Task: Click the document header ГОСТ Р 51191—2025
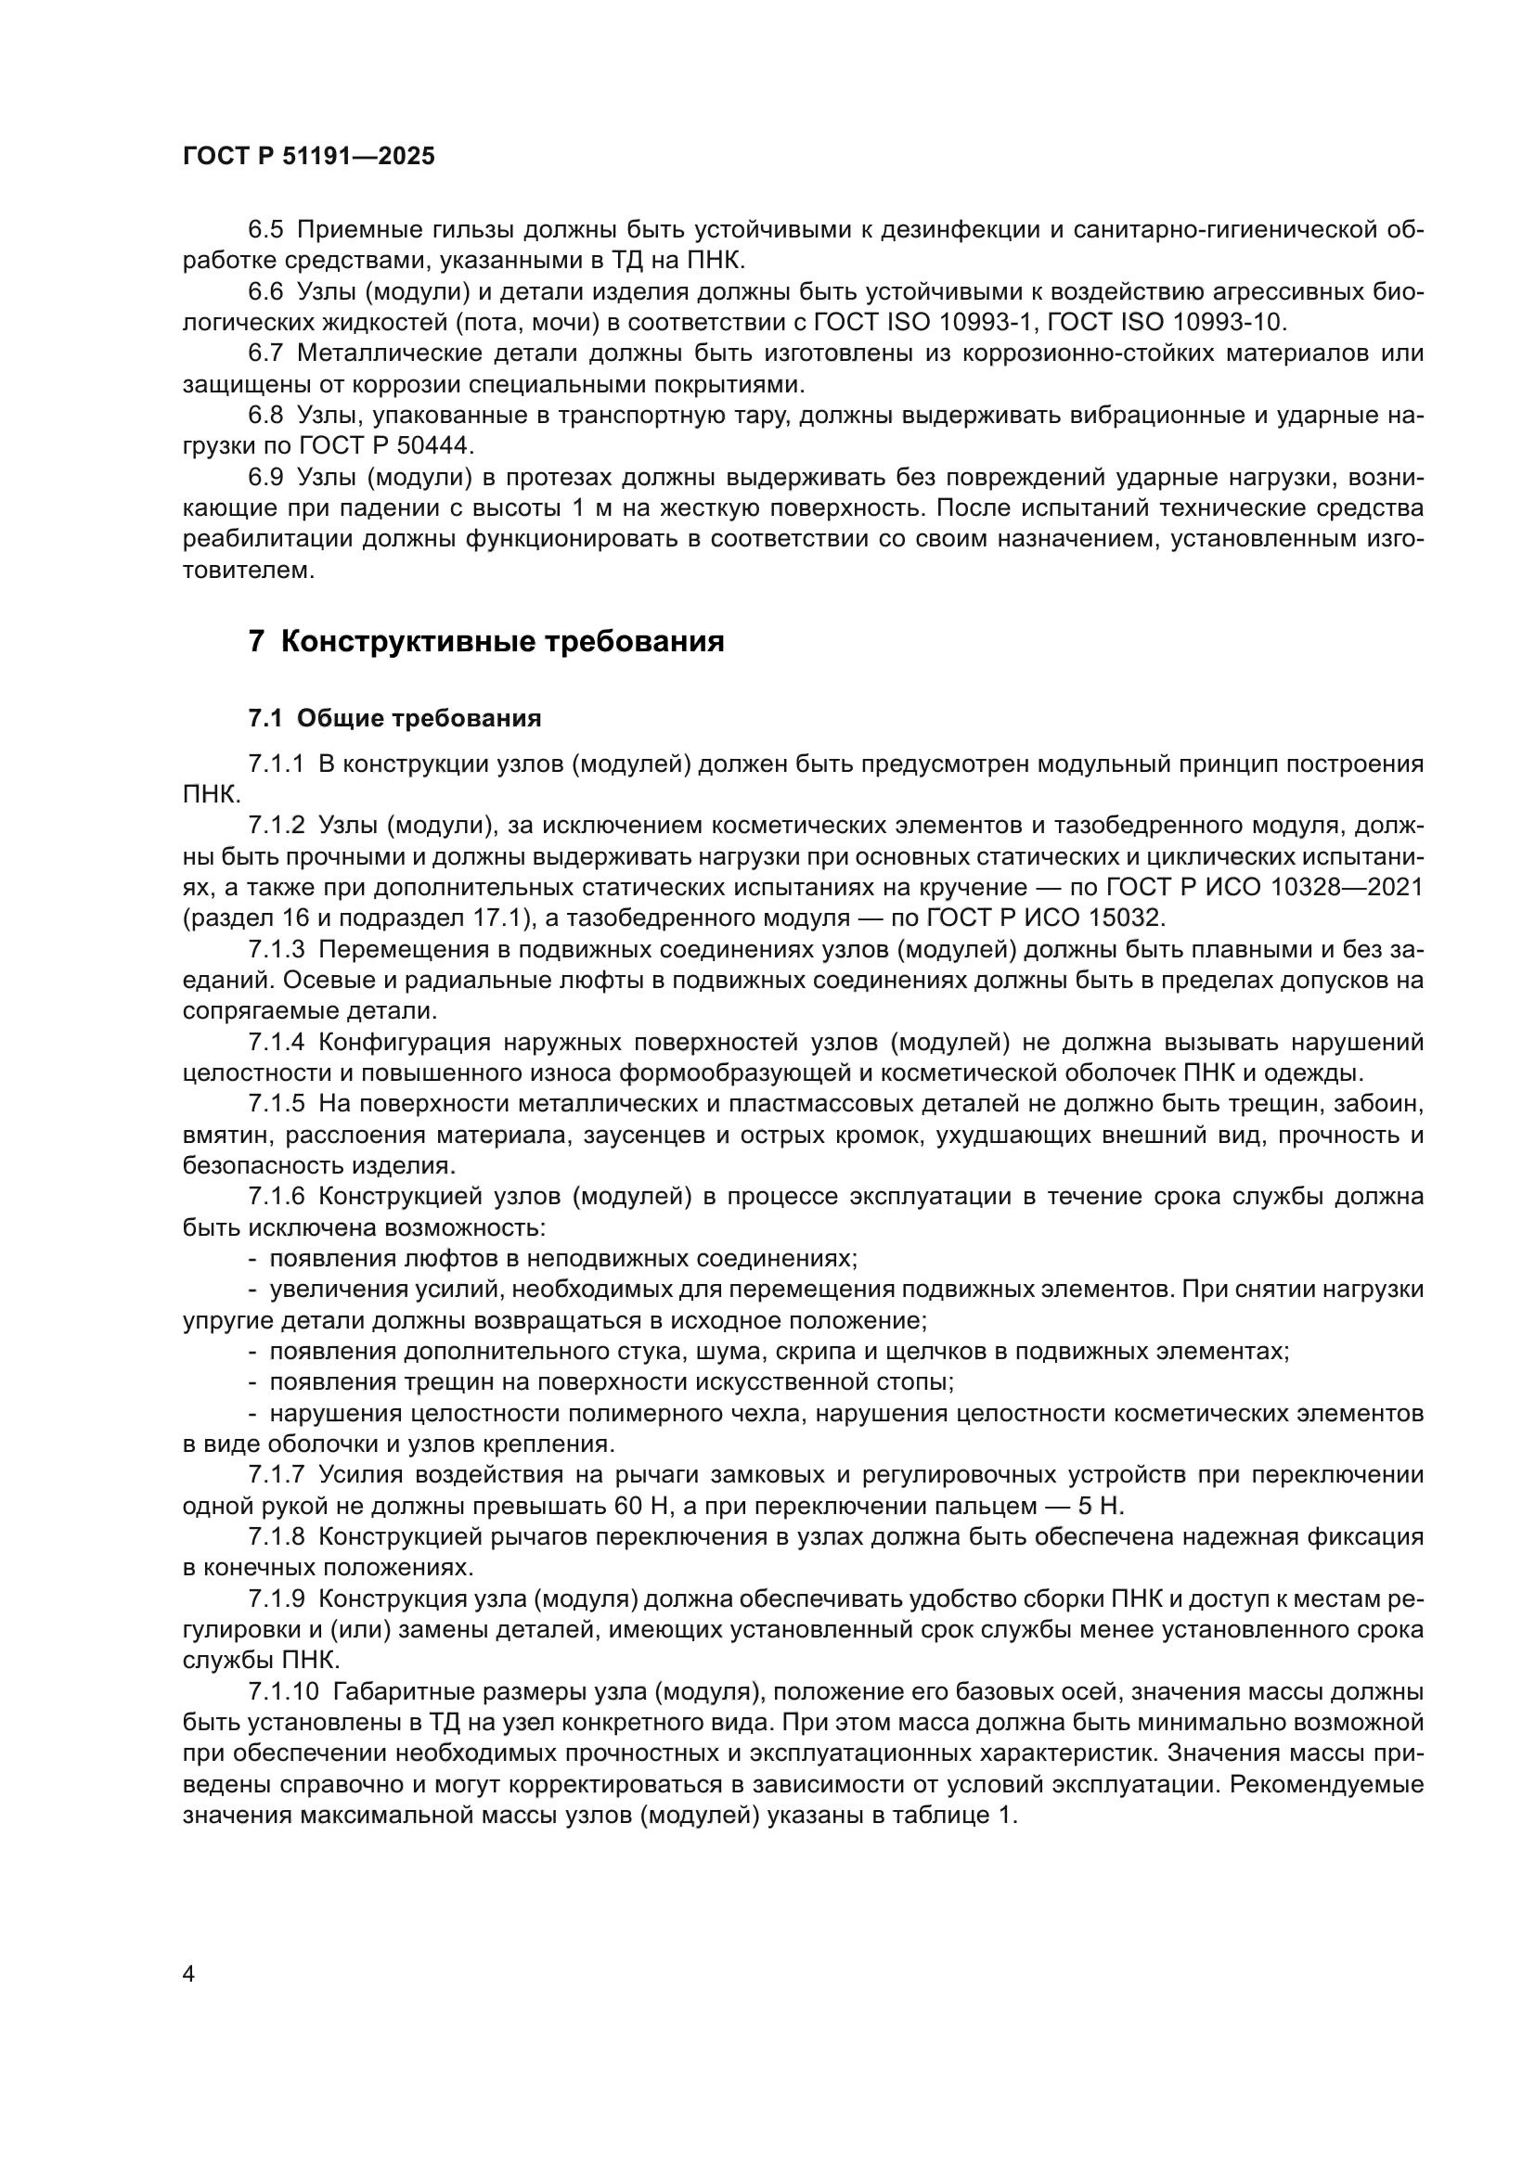pos(309,157)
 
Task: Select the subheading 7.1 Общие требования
pos(394,718)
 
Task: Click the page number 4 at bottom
pos(188,1973)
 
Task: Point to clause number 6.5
pos(265,230)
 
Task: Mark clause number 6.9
pos(265,477)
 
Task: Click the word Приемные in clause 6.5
pos(356,230)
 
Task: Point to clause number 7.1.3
pos(276,950)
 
